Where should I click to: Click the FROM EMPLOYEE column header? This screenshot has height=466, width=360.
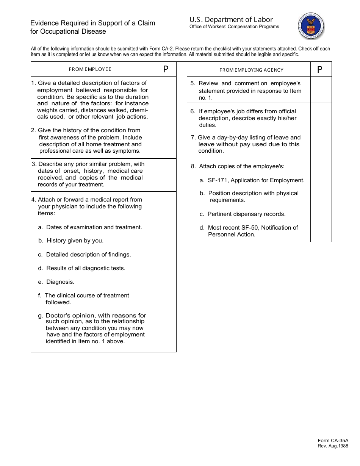point(90,69)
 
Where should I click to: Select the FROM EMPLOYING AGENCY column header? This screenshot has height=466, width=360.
point(251,70)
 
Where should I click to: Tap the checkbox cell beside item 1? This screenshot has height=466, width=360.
point(166,100)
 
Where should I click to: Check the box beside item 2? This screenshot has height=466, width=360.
point(166,141)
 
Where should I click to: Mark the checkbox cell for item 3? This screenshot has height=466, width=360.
point(166,175)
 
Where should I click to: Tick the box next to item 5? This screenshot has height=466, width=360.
point(321,90)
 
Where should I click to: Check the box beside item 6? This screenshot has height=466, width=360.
point(321,117)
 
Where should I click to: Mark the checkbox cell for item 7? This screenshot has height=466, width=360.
point(321,145)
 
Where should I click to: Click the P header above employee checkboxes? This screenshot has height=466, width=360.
point(166,69)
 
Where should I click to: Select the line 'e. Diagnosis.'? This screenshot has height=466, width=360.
point(56,282)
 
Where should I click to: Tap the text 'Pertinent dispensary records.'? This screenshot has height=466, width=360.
point(247,214)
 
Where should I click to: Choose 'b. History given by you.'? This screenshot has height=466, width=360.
point(71,241)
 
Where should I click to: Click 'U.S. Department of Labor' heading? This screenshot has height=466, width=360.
point(231,20)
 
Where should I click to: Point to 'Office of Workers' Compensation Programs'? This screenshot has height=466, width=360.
point(234,27)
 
